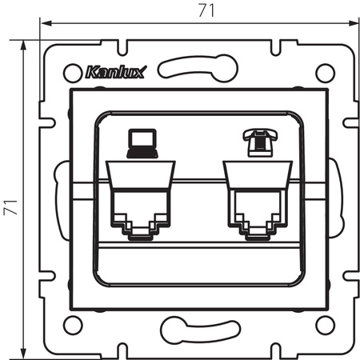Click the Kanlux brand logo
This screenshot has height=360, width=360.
pos(114,74)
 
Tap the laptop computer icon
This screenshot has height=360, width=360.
pos(141,143)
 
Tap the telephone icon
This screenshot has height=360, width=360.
pos(261,142)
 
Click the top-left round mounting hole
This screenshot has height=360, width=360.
pos(70,72)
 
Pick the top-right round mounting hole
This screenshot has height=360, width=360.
pos(324,72)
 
